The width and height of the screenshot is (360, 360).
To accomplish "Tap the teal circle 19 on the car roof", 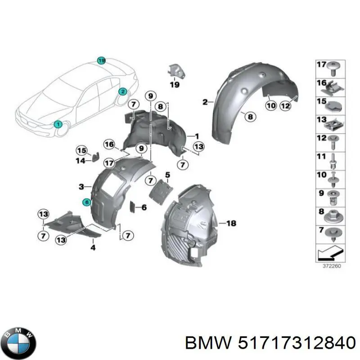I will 102,60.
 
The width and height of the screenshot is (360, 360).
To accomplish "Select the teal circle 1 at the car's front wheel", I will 58,124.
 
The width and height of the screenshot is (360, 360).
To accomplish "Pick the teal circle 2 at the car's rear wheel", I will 122,91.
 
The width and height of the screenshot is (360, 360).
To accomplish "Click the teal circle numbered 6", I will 86,202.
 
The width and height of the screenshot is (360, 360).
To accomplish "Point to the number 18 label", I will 231,223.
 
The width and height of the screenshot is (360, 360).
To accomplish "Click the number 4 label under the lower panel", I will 93,247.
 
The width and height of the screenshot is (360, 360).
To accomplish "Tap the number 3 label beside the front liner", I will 81,186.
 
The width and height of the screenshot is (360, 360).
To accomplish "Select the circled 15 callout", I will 81,151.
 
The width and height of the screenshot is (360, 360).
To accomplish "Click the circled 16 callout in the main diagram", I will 109,144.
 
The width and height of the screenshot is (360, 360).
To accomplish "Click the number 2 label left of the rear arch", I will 205,102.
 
